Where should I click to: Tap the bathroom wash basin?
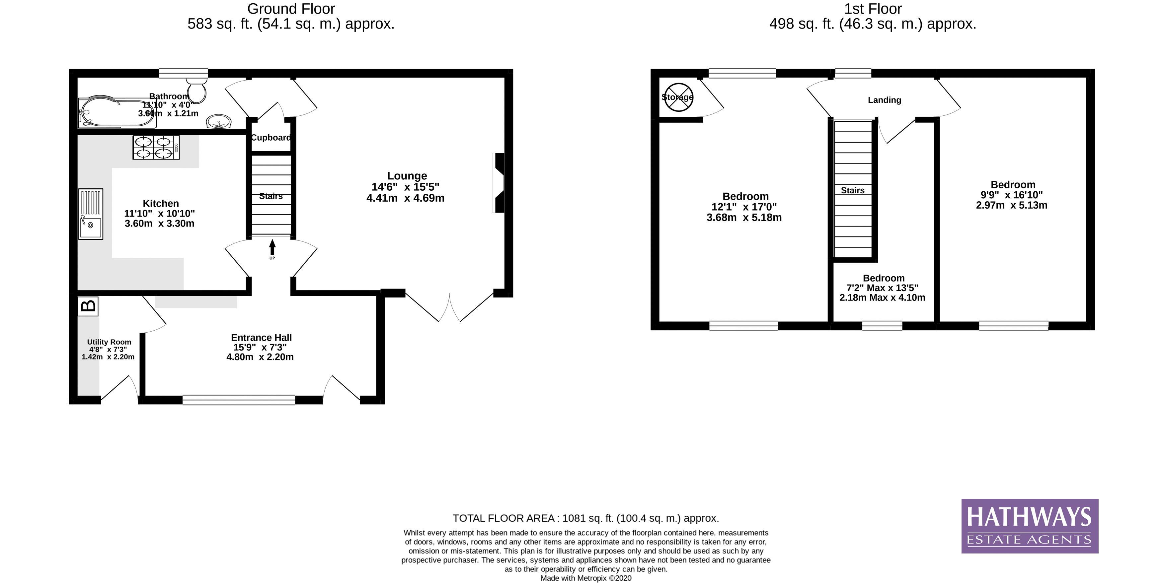(x=219, y=122)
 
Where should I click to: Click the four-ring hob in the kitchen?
(x=156, y=148)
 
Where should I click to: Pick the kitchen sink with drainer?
(x=90, y=214)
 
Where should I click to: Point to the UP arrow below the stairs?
(x=272, y=248)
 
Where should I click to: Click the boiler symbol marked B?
(x=88, y=306)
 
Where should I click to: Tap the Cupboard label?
(x=271, y=138)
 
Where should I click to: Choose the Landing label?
(x=884, y=100)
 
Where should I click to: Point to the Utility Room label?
(x=109, y=342)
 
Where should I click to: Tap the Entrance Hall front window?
(x=239, y=400)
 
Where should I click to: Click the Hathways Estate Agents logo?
(x=1029, y=526)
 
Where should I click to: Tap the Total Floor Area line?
(x=585, y=518)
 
